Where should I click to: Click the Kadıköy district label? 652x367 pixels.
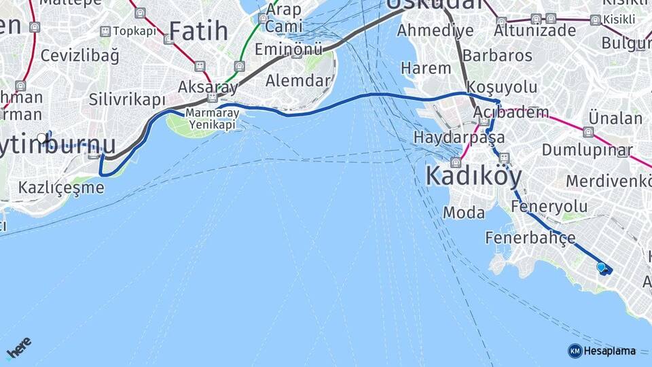tap(473, 177)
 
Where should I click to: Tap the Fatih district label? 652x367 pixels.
tap(199, 31)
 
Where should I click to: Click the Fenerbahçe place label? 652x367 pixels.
tap(530, 238)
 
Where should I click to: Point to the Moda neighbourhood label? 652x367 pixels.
tap(464, 213)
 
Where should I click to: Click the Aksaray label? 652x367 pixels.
tap(208, 87)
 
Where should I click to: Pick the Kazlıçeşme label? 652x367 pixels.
tap(61, 187)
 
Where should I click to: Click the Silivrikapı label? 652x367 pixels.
tap(127, 100)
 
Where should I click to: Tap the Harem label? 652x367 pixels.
tap(426, 68)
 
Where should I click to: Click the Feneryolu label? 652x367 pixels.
tap(549, 206)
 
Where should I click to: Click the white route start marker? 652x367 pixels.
tap(42, 139)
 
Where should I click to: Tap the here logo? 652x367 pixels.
tap(18, 347)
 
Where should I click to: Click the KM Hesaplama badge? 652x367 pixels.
tap(602, 351)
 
